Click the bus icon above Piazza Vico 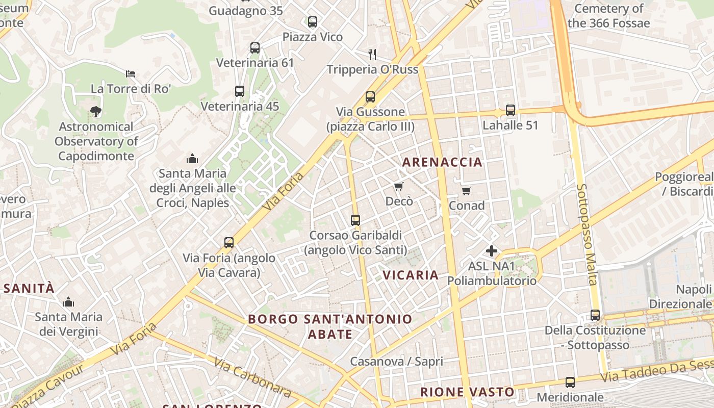[x=313, y=22]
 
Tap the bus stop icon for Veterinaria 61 [x=255, y=48]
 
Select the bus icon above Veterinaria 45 [x=240, y=91]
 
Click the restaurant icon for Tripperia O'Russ [x=372, y=54]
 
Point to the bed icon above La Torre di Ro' [x=131, y=74]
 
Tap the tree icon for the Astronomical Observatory [x=95, y=111]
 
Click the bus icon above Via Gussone [x=370, y=96]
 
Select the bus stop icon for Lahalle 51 [x=511, y=110]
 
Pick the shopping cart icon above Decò [x=399, y=187]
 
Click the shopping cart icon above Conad [x=467, y=191]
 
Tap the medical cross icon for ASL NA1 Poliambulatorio [x=492, y=251]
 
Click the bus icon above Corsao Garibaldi [x=355, y=220]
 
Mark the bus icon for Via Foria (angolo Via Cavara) [x=229, y=243]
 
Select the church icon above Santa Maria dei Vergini [x=68, y=302]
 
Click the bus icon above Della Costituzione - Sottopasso [x=595, y=315]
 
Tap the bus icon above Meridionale [x=570, y=382]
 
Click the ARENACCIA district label [x=442, y=162]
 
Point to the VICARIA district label [x=411, y=275]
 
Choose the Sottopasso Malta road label [x=586, y=235]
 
